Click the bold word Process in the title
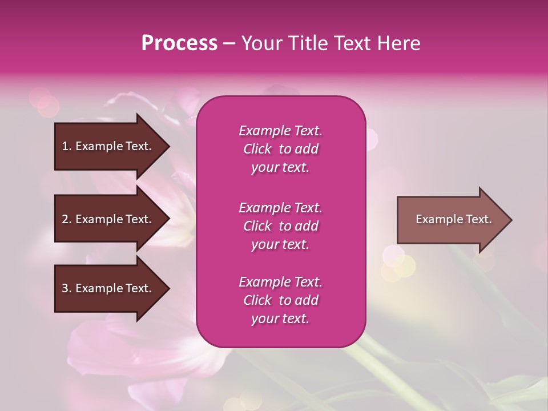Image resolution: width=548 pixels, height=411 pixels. (x=179, y=43)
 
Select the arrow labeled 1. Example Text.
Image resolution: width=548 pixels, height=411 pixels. (x=108, y=146)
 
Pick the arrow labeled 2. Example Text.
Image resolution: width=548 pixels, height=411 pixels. (x=108, y=219)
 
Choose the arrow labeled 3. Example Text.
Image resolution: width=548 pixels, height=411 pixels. (x=108, y=288)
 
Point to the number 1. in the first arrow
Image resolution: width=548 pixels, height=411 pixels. (x=67, y=146)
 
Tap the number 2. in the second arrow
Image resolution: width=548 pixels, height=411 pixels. (x=67, y=219)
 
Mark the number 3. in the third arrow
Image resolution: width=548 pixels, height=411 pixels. (x=67, y=288)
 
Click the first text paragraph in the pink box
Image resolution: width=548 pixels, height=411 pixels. (x=280, y=149)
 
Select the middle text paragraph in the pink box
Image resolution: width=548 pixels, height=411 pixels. (x=280, y=226)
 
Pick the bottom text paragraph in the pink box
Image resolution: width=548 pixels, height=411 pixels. (x=280, y=300)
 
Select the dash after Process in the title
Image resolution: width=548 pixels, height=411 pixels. (x=229, y=43)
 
